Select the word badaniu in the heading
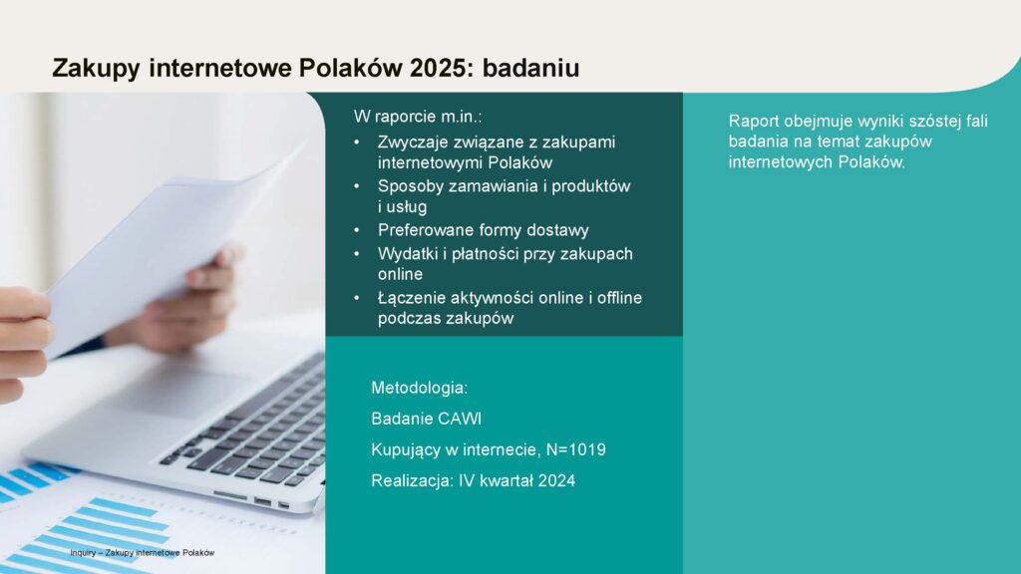coord(530,68)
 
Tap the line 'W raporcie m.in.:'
coord(418,117)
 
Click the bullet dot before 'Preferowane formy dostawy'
coord(357,230)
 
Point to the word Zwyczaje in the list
coord(413,143)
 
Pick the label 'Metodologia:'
coord(420,388)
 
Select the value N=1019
coord(576,449)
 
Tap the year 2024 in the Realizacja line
coord(556,481)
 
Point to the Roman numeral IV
coord(467,481)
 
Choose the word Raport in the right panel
coord(754,121)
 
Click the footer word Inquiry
coord(83,552)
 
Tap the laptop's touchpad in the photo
coord(175,391)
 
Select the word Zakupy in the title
coord(96,69)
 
